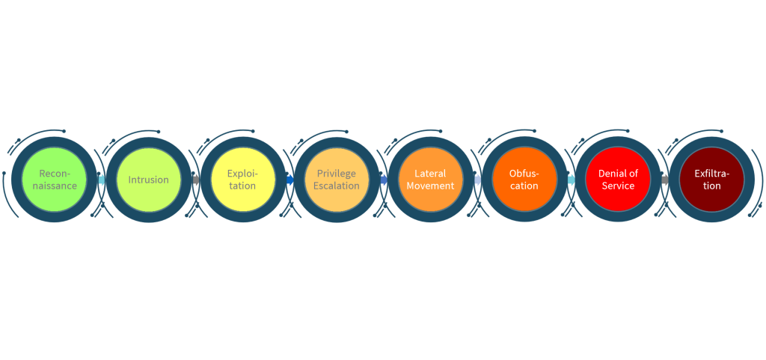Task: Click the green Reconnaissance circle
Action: coord(54,180)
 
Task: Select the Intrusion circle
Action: coord(149,180)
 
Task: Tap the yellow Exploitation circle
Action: coord(242,180)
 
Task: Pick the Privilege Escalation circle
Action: coord(337,180)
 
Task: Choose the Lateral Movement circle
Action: coord(430,180)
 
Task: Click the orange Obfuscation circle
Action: coord(524,180)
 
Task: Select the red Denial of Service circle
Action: coord(618,180)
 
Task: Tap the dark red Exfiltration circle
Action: coord(712,180)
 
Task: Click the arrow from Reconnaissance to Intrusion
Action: coord(101,180)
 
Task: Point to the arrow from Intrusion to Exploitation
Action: coord(195,180)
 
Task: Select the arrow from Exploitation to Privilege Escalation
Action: coord(289,180)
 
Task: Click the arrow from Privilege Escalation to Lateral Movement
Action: coord(384,180)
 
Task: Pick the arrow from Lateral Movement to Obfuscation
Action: coord(477,180)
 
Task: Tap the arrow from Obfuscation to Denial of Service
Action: coord(571,180)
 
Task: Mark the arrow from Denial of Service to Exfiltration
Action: coord(665,180)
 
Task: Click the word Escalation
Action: coord(337,186)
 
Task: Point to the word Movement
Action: coord(430,186)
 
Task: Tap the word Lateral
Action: coord(430,174)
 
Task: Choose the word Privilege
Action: coord(337,174)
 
